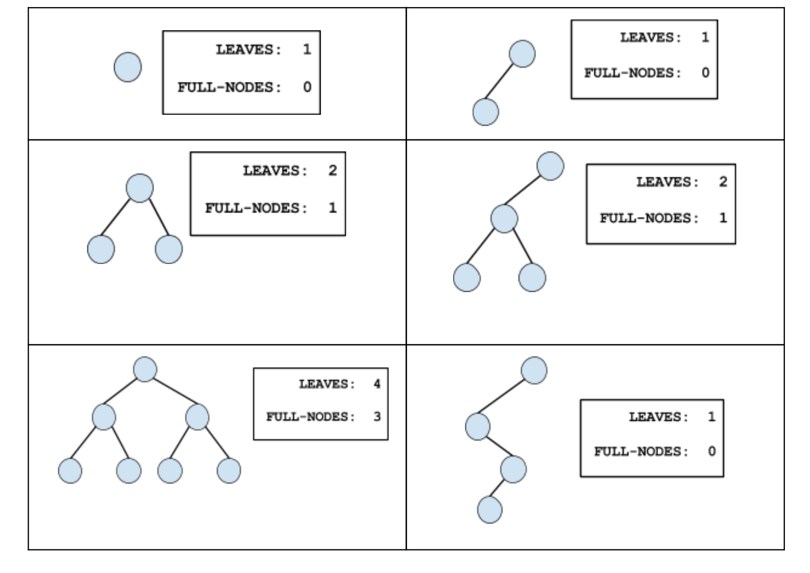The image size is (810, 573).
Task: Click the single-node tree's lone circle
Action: coord(127,67)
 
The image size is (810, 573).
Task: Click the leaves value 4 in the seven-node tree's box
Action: coord(377,384)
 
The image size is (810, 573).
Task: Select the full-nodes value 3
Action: coord(377,416)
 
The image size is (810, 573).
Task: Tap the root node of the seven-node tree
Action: coord(145,369)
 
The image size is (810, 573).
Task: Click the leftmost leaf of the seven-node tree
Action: coord(70,470)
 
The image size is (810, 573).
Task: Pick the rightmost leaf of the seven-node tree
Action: coord(228,470)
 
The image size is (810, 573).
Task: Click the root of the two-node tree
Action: coord(522,54)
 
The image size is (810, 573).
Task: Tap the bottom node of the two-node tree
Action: coord(485,112)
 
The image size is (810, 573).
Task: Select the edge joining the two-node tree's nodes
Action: coord(504,83)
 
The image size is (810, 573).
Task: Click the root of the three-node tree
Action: coord(140,188)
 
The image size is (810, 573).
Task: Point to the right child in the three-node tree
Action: coord(168,249)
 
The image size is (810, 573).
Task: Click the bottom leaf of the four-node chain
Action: coord(489,509)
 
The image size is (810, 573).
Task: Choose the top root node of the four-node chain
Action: coord(534,371)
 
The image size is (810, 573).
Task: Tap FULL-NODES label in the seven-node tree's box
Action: coord(310,417)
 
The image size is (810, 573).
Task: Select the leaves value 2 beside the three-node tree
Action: coord(333,170)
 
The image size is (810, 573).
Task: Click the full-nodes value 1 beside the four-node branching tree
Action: coord(722,218)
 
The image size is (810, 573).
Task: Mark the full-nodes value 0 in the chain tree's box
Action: coord(711,451)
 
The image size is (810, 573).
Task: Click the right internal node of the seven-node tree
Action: coord(197,417)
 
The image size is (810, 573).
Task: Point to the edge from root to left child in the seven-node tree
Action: coord(123,393)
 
